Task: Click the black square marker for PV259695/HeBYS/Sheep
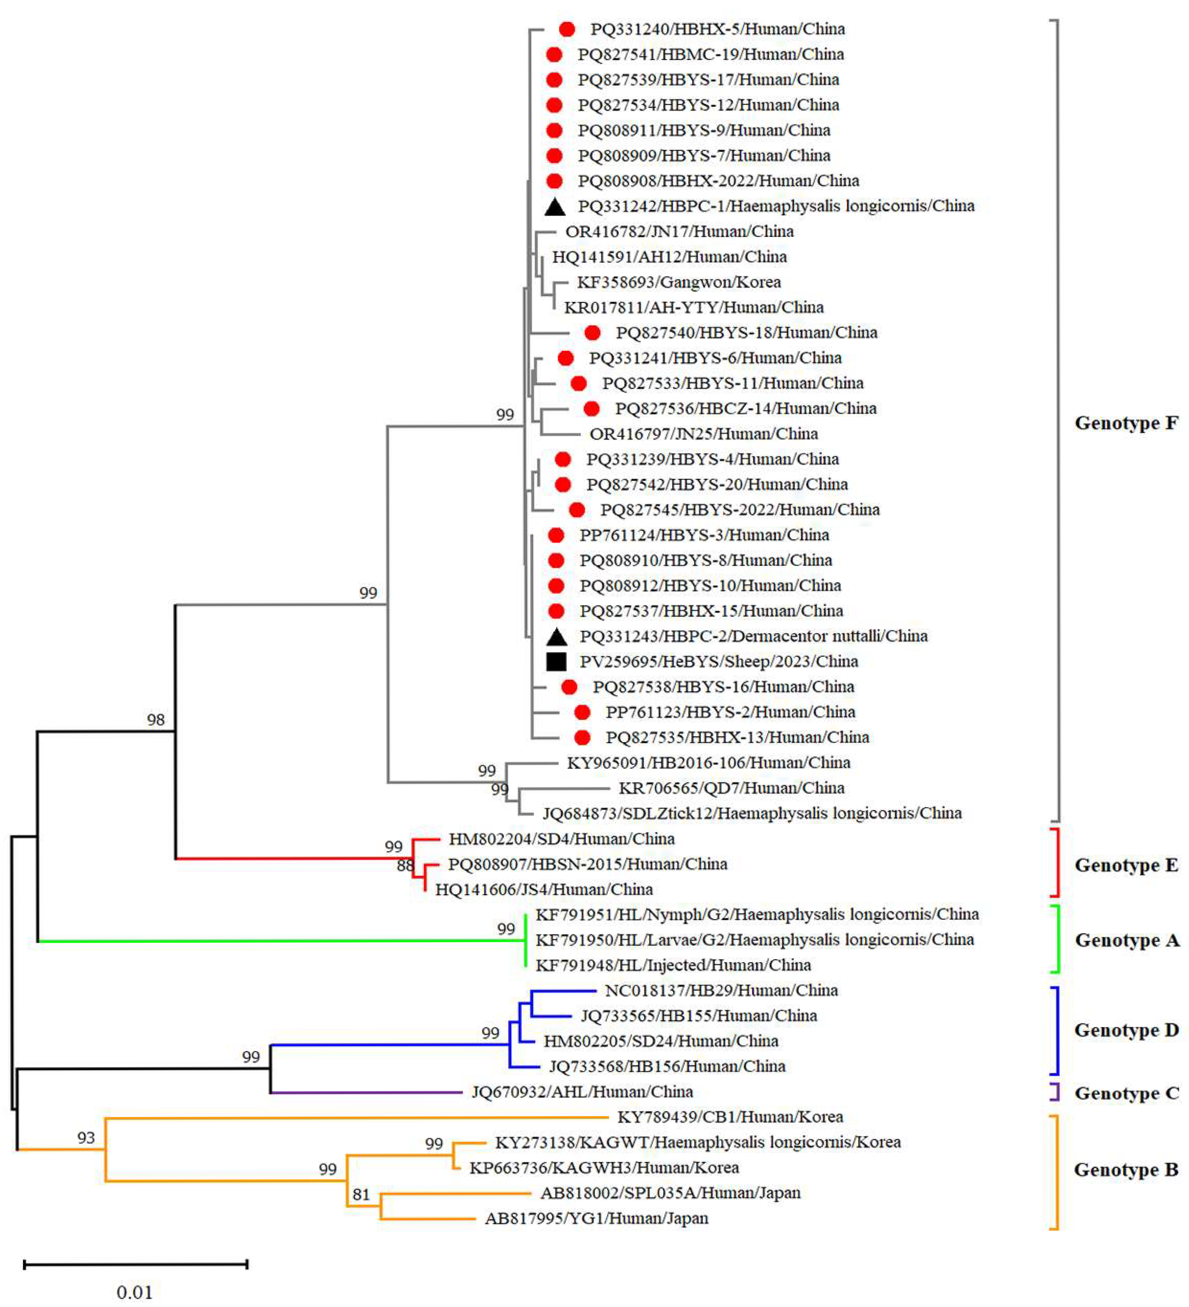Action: click(x=556, y=661)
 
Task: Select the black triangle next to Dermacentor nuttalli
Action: click(x=556, y=637)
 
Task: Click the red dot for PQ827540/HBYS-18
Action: click(x=592, y=332)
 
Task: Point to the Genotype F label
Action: click(x=1126, y=423)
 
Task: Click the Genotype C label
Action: click(x=1126, y=1093)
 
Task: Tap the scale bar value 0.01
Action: click(x=134, y=1292)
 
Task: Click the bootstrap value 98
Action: click(x=155, y=719)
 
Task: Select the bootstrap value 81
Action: click(x=361, y=1194)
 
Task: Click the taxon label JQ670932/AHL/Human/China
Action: click(x=582, y=1092)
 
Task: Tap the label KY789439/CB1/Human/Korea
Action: click(x=730, y=1117)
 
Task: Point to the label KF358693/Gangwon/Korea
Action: click(x=679, y=282)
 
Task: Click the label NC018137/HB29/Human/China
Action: click(x=721, y=990)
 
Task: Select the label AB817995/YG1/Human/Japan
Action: click(x=596, y=1218)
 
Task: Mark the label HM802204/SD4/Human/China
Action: click(x=561, y=838)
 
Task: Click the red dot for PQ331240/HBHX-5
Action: click(x=567, y=29)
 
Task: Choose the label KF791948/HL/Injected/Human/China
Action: click(x=673, y=965)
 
